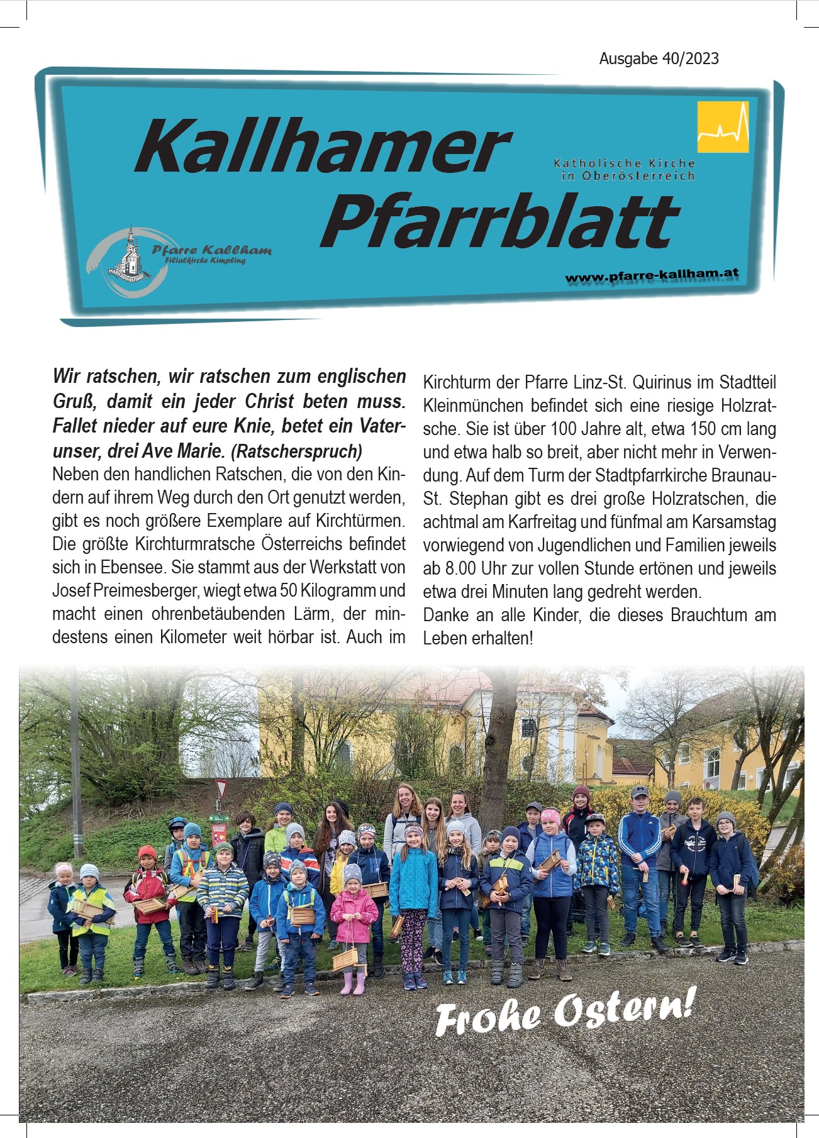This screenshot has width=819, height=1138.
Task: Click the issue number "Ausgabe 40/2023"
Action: [659, 58]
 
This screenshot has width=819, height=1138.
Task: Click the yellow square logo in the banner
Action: [723, 128]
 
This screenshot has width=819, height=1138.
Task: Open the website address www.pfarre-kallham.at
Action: [651, 275]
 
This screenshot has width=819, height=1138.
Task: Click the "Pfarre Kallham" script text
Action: [211, 250]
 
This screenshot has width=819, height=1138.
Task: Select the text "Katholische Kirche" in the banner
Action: [624, 163]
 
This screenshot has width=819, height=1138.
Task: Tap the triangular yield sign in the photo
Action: [221, 788]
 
